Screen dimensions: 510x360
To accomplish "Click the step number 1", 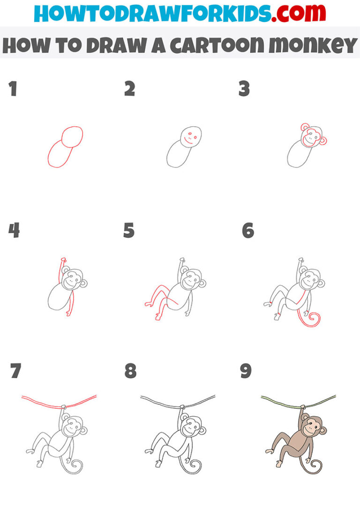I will click(x=13, y=89).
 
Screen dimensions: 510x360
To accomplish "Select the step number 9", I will click(x=246, y=371).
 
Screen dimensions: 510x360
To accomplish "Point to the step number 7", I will click(x=15, y=371).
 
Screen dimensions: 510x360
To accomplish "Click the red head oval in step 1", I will click(x=73, y=136).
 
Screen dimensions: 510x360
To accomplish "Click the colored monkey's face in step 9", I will click(x=309, y=428).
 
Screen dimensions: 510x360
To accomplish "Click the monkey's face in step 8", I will click(x=189, y=428).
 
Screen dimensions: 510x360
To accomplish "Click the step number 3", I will click(x=244, y=89).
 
